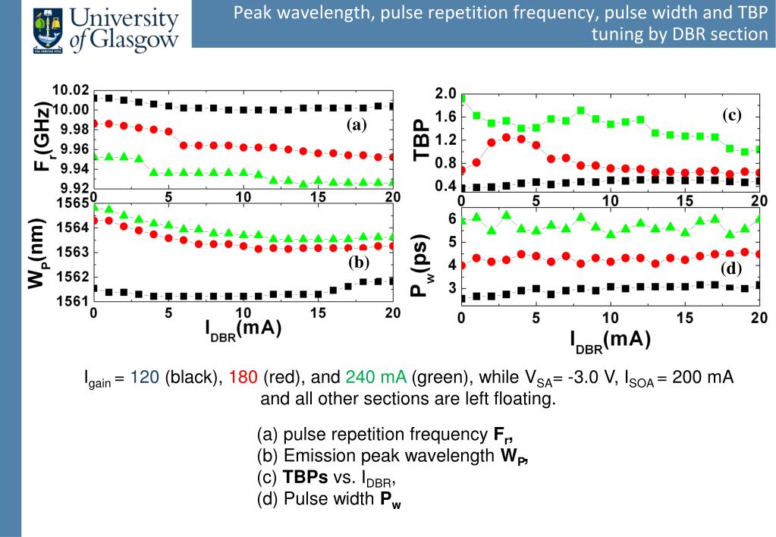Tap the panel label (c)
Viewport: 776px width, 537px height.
tap(730, 115)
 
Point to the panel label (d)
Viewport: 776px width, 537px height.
tap(732, 268)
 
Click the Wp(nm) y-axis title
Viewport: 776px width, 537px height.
tap(36, 254)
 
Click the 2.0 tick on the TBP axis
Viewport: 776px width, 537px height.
tap(445, 93)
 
